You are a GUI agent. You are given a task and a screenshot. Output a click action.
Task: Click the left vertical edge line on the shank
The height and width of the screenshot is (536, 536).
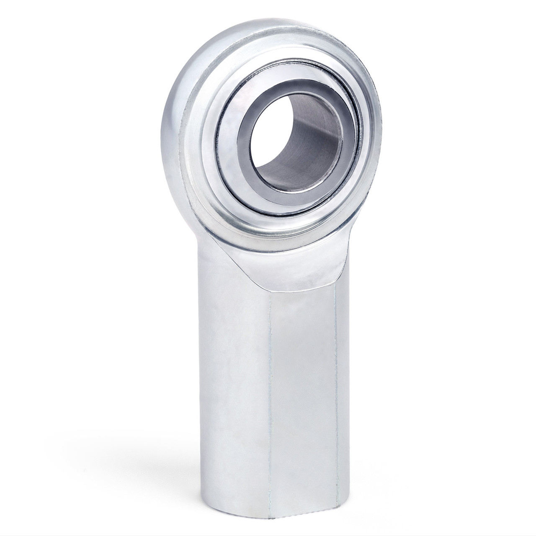coord(271,377)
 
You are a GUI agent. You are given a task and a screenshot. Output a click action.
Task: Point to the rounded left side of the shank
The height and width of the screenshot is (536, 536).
coord(226,377)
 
